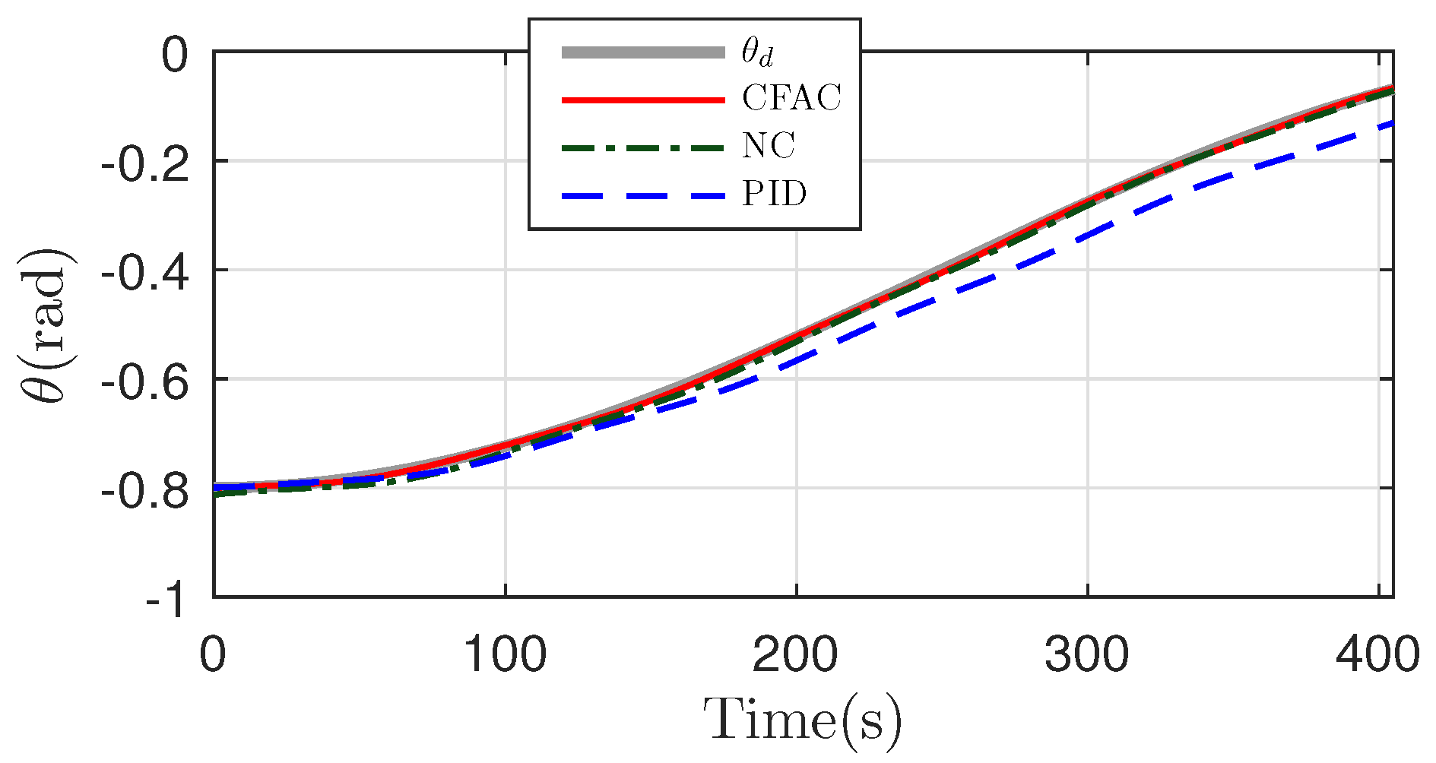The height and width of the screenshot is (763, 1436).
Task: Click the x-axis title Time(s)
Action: click(x=803, y=719)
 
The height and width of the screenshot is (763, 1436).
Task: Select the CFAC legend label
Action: click(x=791, y=99)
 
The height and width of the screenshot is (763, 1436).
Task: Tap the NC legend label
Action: click(x=769, y=146)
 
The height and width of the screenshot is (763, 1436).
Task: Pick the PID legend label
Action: click(x=774, y=194)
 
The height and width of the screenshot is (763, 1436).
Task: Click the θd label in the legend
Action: click(x=758, y=52)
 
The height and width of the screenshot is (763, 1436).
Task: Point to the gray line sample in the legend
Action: click(x=643, y=52)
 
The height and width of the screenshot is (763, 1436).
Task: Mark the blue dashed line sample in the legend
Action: click(x=643, y=195)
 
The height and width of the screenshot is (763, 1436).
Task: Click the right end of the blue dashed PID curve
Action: click(x=1391, y=123)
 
